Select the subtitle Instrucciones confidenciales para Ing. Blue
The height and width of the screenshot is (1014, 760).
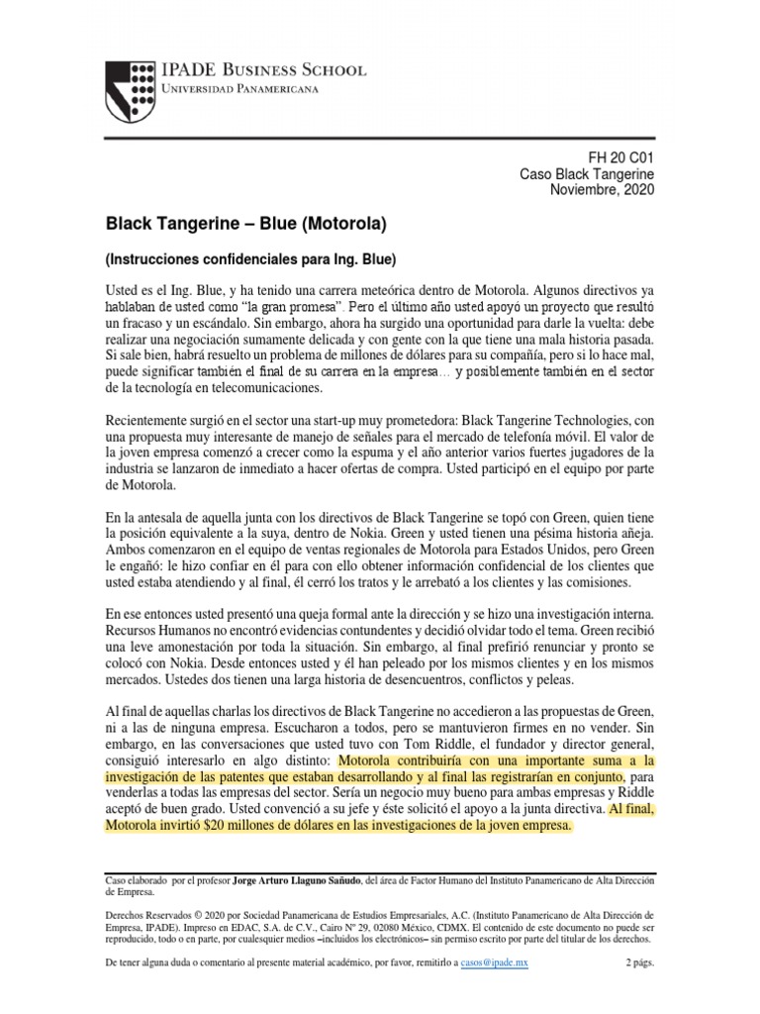tap(251, 259)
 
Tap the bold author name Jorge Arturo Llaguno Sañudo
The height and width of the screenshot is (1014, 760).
tap(296, 879)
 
